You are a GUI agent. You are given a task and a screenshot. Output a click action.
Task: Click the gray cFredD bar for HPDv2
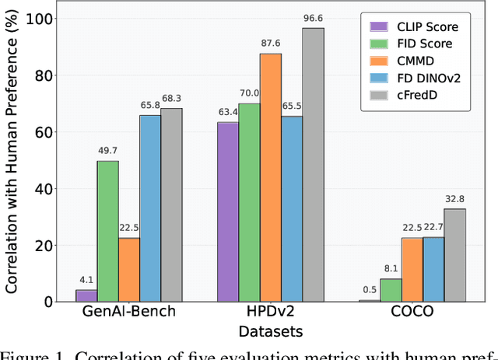pyautogui.click(x=314, y=165)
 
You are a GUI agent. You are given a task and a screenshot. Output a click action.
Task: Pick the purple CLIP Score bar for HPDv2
pyautogui.click(x=228, y=211)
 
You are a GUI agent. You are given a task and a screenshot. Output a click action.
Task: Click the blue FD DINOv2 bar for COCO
pyautogui.click(x=433, y=269)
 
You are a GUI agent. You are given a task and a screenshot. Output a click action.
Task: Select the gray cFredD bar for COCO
pyautogui.click(x=455, y=255)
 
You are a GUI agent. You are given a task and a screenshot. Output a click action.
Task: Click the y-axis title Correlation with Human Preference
pyautogui.click(x=12, y=156)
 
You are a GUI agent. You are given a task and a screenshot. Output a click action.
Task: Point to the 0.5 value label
pyautogui.click(x=369, y=291)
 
